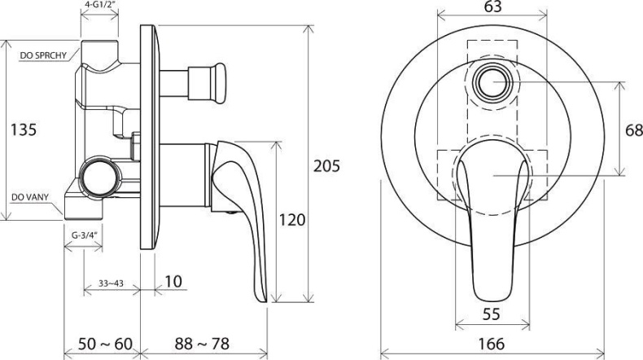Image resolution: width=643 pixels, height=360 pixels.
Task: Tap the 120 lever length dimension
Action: click(x=291, y=220)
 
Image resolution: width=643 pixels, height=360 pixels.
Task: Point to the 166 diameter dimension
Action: click(x=491, y=345)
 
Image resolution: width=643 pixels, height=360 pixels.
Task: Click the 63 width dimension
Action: click(x=492, y=7)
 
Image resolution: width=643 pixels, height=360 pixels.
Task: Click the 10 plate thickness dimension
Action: click(x=173, y=283)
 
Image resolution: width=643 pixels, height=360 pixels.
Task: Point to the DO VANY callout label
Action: click(x=30, y=196)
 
